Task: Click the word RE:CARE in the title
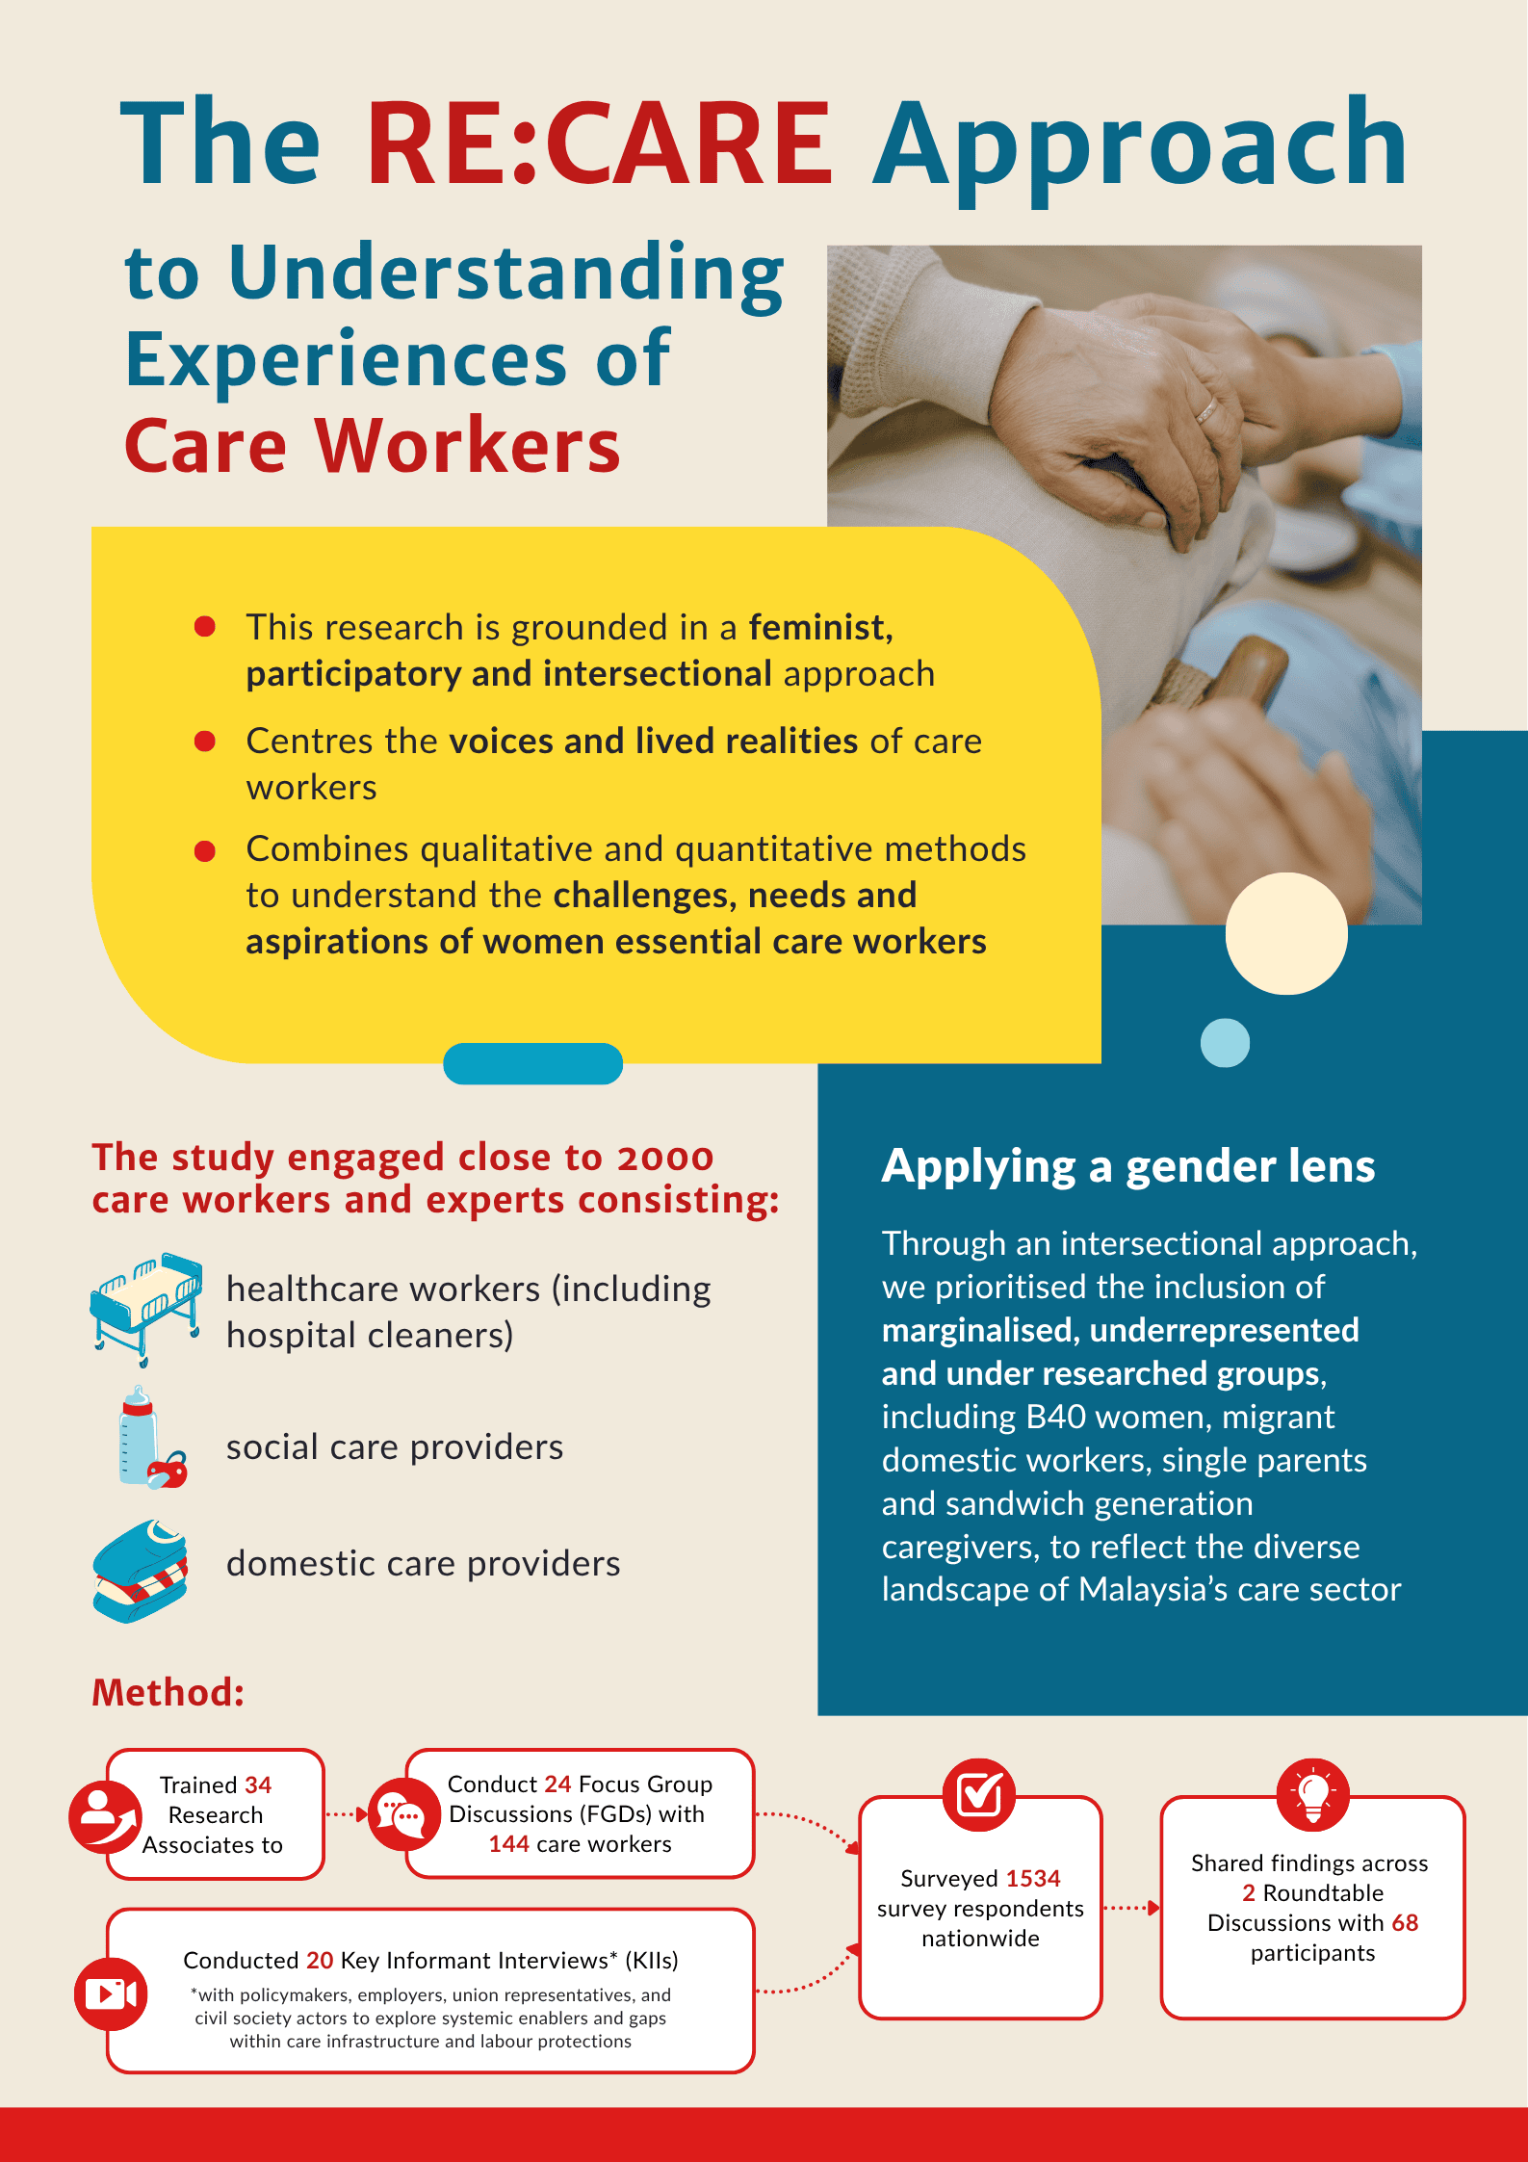click(x=599, y=143)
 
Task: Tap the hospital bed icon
click(x=146, y=1308)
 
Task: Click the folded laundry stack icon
click(x=141, y=1571)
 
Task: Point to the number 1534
click(x=1033, y=1878)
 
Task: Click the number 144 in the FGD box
click(x=508, y=1843)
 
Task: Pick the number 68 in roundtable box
click(x=1405, y=1922)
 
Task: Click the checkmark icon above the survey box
click(x=979, y=1795)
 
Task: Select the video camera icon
click(x=111, y=1993)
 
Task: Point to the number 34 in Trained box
click(x=258, y=1784)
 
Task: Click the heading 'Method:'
click(x=168, y=1692)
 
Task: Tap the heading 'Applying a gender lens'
click(x=1128, y=1166)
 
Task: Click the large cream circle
click(x=1286, y=933)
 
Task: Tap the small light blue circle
click(x=1225, y=1043)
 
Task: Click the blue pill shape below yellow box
click(x=532, y=1063)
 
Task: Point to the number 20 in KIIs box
click(x=320, y=1960)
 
